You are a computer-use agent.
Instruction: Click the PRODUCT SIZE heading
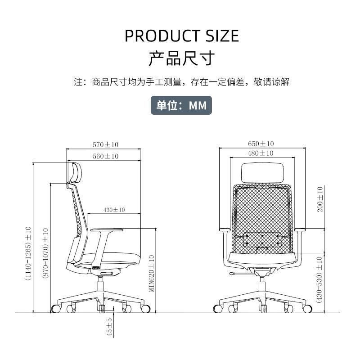click(x=182, y=36)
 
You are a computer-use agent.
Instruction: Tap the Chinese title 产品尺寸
click(x=181, y=58)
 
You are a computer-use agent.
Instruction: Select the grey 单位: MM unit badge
click(x=181, y=105)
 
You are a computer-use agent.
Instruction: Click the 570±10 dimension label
click(x=105, y=144)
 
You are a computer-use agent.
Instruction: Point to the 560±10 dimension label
click(x=105, y=156)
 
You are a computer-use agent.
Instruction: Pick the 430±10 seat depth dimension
click(x=114, y=210)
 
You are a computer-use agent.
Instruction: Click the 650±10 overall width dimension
click(x=261, y=144)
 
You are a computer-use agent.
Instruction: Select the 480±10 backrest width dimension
click(x=261, y=153)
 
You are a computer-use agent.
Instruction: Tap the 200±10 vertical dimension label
click(x=320, y=199)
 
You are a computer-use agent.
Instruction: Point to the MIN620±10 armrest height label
click(x=152, y=273)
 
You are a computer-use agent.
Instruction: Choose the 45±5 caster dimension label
click(x=109, y=327)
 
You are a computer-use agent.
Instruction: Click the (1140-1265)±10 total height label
click(x=28, y=253)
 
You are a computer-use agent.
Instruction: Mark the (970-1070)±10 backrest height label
click(x=45, y=253)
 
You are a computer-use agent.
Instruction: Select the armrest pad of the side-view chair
click(x=107, y=230)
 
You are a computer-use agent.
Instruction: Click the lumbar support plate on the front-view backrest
click(x=262, y=239)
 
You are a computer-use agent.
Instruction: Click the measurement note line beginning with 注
click(x=181, y=82)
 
